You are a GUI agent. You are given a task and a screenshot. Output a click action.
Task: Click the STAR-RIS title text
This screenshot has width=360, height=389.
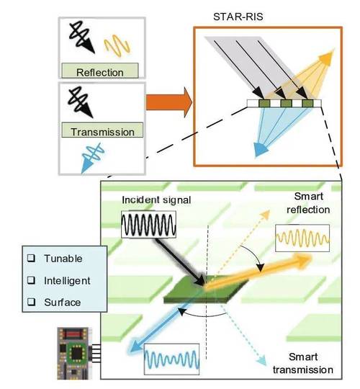coord(238,17)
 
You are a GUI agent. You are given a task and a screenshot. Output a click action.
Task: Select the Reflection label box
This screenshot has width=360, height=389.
coord(100,71)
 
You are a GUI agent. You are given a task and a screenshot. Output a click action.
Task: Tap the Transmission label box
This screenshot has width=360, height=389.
coord(102,130)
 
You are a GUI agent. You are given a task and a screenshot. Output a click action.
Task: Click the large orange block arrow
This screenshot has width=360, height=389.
coord(169,102)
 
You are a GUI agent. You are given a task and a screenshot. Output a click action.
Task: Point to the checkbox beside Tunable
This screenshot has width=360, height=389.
coord(31,259)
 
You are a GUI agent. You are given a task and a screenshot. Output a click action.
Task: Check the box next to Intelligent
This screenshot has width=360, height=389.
coord(31,280)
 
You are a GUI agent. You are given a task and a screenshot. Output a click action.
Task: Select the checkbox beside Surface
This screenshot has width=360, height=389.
coord(31,302)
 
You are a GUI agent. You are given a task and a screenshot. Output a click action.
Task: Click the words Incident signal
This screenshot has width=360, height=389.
coord(156,200)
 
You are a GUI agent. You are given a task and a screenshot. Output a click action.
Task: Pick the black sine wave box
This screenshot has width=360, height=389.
coord(148,224)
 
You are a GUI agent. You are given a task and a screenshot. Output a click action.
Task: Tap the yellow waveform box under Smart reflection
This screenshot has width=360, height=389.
coord(302,238)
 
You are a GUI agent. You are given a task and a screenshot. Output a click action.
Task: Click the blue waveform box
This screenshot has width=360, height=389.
coord(171,359)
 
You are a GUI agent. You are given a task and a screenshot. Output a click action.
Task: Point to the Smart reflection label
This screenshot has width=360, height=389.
coord(308,203)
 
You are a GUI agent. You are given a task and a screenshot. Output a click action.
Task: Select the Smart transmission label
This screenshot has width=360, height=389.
coord(303,364)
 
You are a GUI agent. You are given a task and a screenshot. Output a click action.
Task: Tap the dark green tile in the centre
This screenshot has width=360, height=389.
coord(206,289)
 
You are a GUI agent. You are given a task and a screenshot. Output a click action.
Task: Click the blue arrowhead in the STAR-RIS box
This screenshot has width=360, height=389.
coord(261,151)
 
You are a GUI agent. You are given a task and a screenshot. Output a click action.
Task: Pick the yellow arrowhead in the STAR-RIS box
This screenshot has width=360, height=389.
coord(326,58)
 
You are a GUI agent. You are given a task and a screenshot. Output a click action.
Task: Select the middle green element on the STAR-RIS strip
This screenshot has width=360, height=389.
coord(286,103)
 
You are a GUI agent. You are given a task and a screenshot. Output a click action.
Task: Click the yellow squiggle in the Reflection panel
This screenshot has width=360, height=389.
coord(117,45)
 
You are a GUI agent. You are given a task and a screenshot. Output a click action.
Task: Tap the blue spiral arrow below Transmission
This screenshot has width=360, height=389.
coord(93,158)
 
